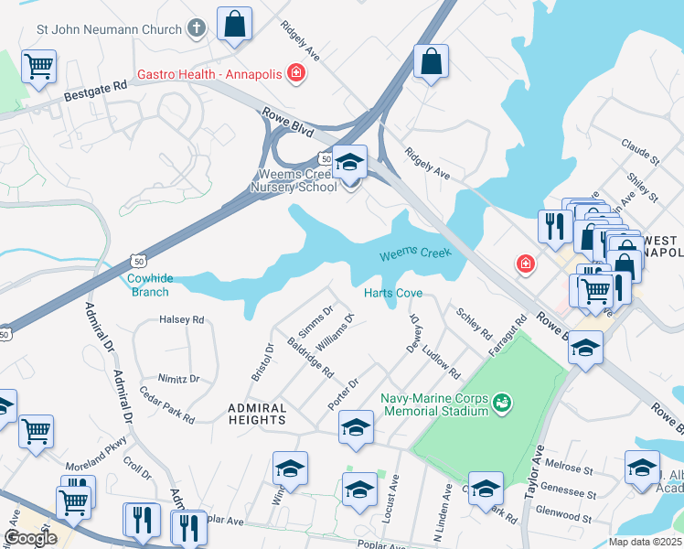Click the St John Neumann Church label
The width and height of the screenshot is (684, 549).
[x=109, y=29]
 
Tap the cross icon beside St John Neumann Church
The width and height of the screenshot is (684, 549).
[x=196, y=29]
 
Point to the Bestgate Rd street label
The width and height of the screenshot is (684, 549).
[x=94, y=91]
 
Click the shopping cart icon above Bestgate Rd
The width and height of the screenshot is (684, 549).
[x=39, y=65]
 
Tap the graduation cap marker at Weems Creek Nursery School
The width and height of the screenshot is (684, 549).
[x=349, y=163]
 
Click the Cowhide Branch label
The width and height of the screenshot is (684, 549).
[x=147, y=285]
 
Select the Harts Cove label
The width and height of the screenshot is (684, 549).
[x=393, y=294]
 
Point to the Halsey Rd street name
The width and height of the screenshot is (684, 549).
[x=181, y=320]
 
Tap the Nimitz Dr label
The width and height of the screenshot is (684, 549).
[x=177, y=379]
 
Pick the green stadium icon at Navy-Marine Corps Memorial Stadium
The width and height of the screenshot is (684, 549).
[x=500, y=402]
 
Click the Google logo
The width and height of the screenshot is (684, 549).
[x=30, y=538]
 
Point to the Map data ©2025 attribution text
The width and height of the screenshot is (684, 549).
[x=644, y=542]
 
